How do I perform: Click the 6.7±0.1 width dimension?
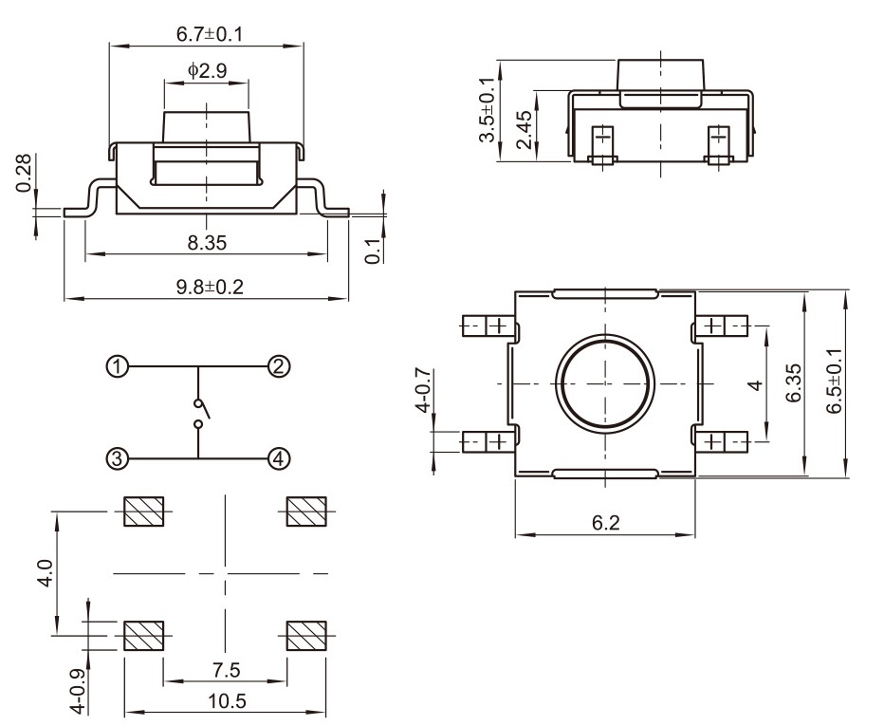point(210,34)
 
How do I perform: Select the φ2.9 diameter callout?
point(207,70)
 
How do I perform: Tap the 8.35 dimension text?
point(207,243)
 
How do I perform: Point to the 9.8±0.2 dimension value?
point(210,287)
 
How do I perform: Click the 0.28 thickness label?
point(24,173)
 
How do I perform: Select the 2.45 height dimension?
point(524,129)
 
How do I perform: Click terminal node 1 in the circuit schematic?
point(118,367)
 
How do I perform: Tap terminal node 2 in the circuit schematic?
point(279,367)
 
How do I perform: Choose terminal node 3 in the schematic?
point(118,458)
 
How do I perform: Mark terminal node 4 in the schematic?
point(279,458)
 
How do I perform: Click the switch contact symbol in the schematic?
point(200,413)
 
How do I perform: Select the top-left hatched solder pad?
point(144,512)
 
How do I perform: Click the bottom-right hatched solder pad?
point(306,635)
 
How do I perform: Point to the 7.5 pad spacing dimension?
point(226,670)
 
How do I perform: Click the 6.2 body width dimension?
point(605,523)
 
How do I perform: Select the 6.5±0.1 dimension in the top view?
point(835,381)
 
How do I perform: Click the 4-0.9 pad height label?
point(79,691)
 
